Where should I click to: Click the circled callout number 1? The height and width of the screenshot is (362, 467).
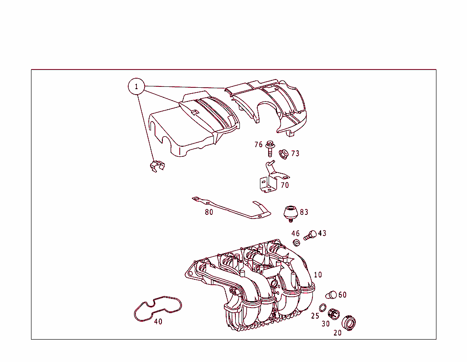[x=136, y=86]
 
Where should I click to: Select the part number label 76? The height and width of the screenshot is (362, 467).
[x=259, y=145]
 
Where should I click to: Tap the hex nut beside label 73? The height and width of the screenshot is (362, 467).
[x=283, y=154]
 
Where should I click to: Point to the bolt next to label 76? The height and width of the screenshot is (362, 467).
[x=270, y=148]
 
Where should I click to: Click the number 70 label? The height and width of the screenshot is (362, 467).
[x=285, y=186]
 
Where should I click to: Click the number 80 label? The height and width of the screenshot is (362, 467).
[x=209, y=212]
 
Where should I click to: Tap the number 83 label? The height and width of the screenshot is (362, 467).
[x=304, y=212]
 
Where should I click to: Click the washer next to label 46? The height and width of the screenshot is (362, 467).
[x=296, y=242]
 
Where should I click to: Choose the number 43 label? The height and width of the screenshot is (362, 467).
[x=322, y=234]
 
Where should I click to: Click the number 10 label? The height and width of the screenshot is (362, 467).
[x=318, y=275]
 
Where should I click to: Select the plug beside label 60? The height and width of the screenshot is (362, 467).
[x=331, y=295]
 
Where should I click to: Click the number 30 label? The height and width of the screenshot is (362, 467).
[x=325, y=324]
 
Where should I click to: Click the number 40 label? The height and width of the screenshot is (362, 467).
[x=158, y=322]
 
